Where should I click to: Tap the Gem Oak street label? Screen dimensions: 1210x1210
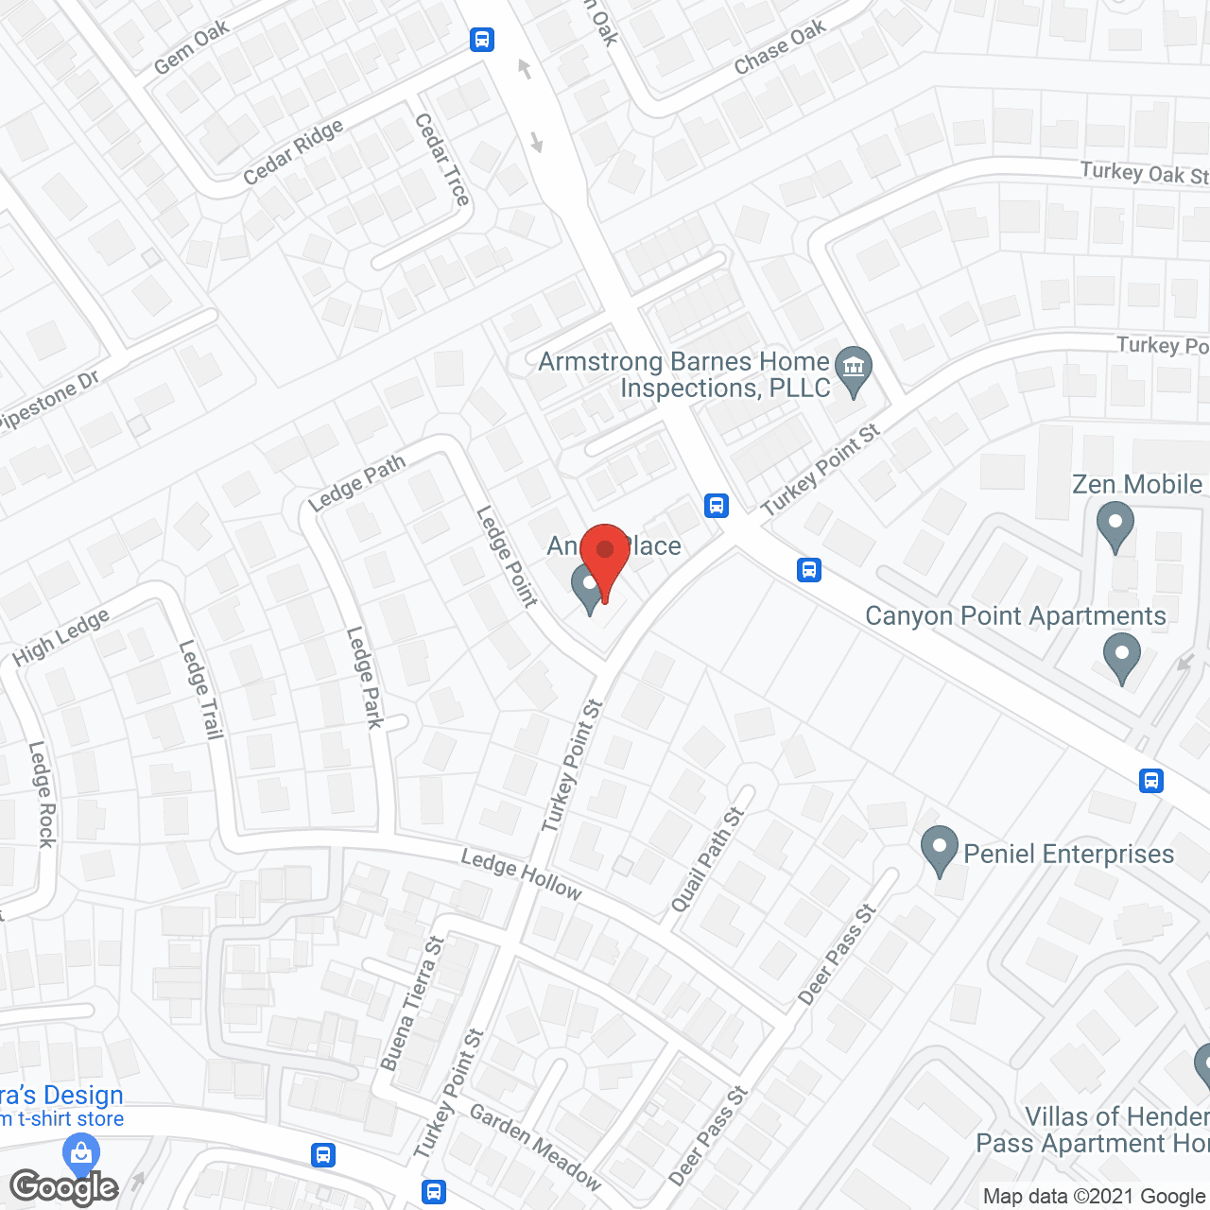(192, 48)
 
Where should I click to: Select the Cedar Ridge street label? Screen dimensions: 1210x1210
(293, 153)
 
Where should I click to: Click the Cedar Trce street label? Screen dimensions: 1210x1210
(441, 160)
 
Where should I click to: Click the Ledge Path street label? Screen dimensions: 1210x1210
(356, 482)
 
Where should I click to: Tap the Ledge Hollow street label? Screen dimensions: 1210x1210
(521, 873)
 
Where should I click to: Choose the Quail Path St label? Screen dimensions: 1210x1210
(707, 860)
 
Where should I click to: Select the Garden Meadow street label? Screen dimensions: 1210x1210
(535, 1148)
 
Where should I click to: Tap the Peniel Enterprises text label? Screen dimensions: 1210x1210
(1068, 854)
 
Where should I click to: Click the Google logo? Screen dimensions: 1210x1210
(64, 1187)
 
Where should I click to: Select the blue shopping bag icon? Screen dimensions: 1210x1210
(81, 1153)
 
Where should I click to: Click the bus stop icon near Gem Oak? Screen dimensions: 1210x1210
(482, 40)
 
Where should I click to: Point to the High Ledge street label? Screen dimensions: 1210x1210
(61, 637)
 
